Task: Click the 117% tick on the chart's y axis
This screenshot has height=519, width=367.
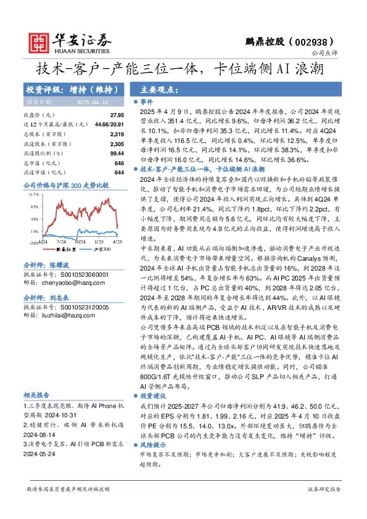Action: (x=34, y=194)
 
